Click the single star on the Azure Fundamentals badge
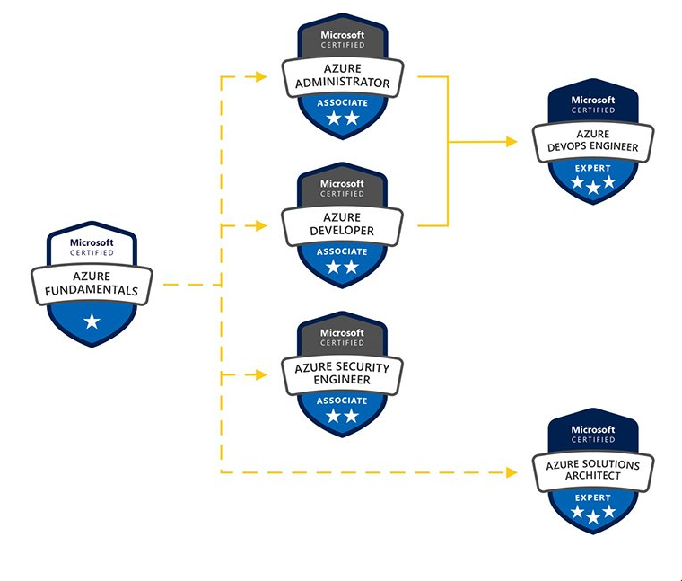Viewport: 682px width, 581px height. (x=92, y=321)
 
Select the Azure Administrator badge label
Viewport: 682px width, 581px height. (x=342, y=77)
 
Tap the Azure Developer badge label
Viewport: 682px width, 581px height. (x=342, y=224)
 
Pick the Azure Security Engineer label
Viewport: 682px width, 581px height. (x=342, y=374)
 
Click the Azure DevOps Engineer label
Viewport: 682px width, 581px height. (x=593, y=141)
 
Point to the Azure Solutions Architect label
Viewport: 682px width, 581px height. (x=593, y=471)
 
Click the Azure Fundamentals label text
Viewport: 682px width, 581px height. (x=92, y=285)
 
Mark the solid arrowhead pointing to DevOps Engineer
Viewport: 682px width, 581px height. (x=512, y=141)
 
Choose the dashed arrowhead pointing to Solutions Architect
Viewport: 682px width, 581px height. (x=512, y=471)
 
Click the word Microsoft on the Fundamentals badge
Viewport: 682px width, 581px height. (x=92, y=242)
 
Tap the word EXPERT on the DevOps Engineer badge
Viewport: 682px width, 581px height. (x=593, y=168)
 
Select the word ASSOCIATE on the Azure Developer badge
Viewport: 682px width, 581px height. (x=342, y=252)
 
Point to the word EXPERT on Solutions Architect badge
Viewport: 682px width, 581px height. (x=593, y=497)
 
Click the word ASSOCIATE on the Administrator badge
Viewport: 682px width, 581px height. (x=342, y=103)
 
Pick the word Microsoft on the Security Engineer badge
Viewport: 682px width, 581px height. (x=342, y=332)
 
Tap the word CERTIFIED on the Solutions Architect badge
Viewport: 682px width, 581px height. (x=593, y=440)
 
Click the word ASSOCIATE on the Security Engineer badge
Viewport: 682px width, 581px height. (x=342, y=401)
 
